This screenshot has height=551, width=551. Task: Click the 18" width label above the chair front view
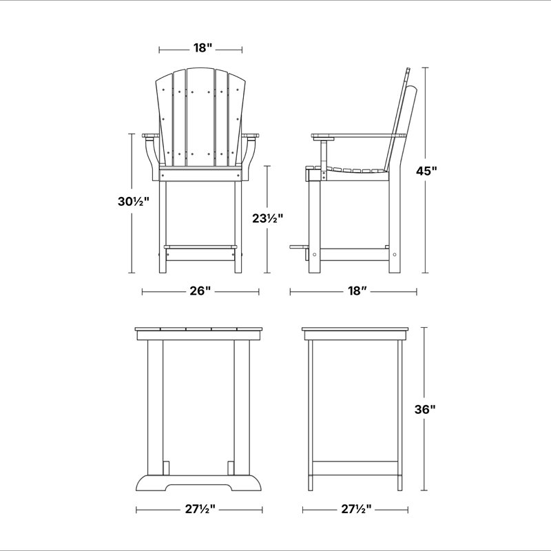[x=202, y=48]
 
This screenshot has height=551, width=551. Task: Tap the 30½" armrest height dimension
[x=133, y=201]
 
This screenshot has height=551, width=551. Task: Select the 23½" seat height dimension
[x=267, y=218]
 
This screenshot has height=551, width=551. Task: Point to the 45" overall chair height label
[x=426, y=171]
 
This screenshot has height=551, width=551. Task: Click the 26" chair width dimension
[x=200, y=291]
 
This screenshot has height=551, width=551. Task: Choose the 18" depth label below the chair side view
[x=357, y=291]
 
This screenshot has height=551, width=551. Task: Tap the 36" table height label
[x=425, y=409]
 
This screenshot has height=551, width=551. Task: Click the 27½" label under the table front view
[x=200, y=509]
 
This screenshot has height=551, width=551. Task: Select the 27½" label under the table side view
[x=356, y=509]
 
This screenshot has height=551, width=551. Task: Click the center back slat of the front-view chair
[x=200, y=117]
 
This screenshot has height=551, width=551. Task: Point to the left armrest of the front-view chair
[x=151, y=136]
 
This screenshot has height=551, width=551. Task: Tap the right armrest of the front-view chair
[x=250, y=136]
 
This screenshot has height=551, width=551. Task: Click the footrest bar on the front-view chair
[x=200, y=247]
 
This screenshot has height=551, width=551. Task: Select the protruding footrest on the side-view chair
[x=299, y=247]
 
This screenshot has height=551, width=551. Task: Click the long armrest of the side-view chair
[x=358, y=136]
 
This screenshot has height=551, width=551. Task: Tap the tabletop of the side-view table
[x=355, y=330]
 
